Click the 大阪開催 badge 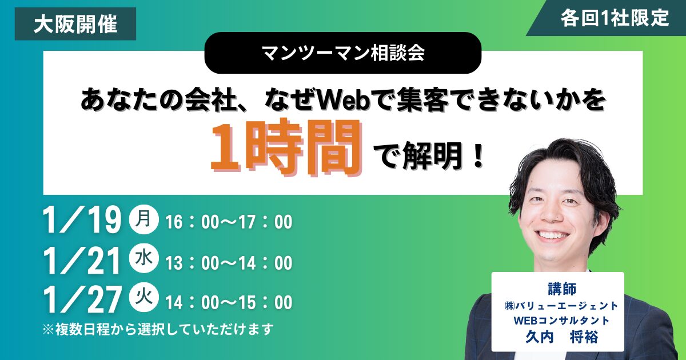coord(75,24)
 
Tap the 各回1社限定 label coord(615,18)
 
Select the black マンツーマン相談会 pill coord(342,53)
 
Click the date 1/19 coord(82,221)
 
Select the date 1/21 coord(82,262)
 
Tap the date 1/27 coord(82,300)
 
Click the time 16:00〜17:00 coord(229,222)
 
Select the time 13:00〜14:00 coord(229,263)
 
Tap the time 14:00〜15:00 coord(229,302)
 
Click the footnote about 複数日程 coord(158,329)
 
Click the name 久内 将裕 coord(557,338)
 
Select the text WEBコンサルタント coord(557,321)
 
